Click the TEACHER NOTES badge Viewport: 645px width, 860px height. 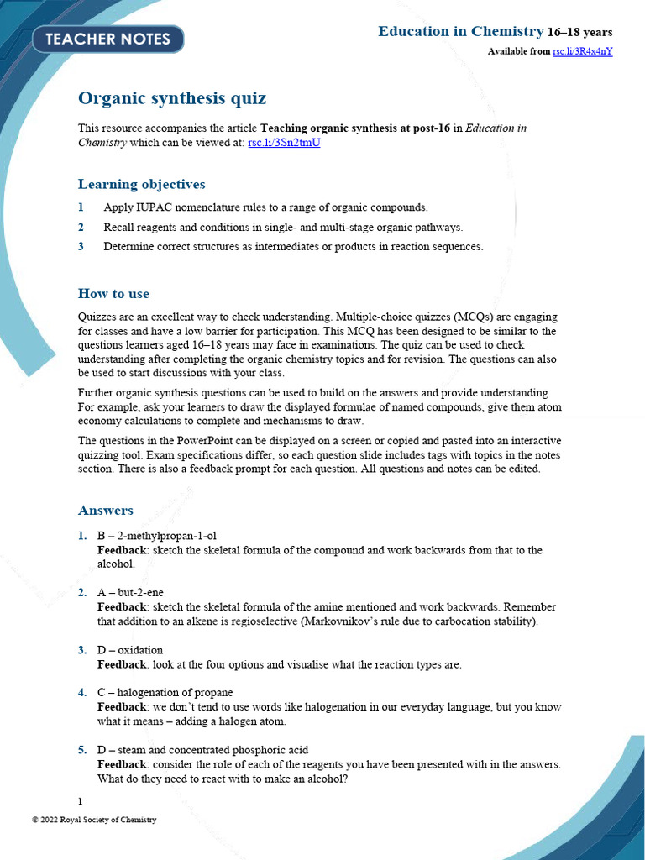[107, 39]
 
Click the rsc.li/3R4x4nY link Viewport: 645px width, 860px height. [582, 51]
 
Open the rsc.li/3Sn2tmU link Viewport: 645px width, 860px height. [284, 143]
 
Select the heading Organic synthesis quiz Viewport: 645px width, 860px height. [172, 98]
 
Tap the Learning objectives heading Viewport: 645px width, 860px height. [141, 184]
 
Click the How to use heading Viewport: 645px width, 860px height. [113, 293]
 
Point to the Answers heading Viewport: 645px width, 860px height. [105, 510]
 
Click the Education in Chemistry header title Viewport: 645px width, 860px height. [460, 32]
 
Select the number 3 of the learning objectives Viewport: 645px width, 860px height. [81, 247]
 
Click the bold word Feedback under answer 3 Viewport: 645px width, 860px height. [122, 664]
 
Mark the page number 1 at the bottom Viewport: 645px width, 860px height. [81, 801]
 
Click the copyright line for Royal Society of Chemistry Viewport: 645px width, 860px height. [94, 820]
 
